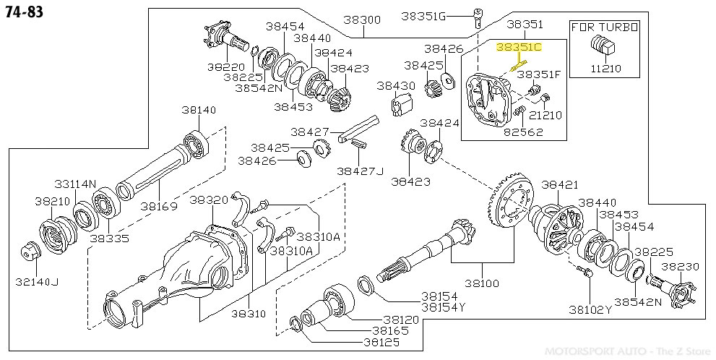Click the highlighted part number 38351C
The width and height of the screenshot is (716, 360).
(518, 47)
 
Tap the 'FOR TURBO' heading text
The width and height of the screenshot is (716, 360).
(605, 27)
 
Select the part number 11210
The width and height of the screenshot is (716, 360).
(605, 69)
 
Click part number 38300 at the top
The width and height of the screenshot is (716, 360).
(361, 21)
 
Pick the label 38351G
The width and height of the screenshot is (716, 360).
(423, 15)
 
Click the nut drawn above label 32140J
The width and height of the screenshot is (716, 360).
(30, 251)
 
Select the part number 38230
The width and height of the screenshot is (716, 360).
(680, 266)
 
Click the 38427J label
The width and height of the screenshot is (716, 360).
(360, 171)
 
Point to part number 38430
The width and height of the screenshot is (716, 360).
(396, 85)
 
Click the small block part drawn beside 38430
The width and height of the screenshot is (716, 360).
(400, 106)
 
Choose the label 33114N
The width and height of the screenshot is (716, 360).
(74, 184)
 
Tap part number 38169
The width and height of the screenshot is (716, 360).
(159, 207)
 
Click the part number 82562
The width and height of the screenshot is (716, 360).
(523, 132)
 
